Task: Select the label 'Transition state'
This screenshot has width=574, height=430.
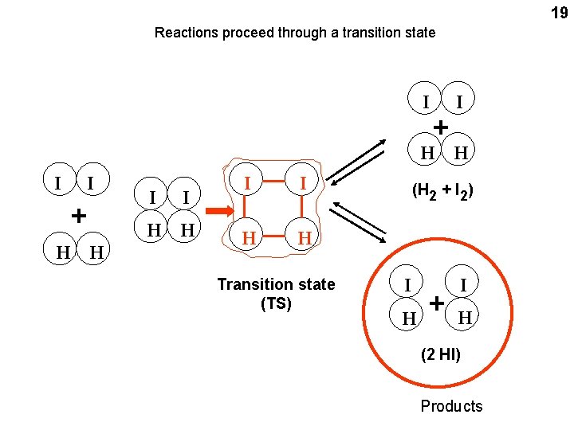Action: pos(276,284)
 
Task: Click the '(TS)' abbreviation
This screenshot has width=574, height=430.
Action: pos(276,303)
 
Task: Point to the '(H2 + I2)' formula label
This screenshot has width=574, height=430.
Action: pos(445,191)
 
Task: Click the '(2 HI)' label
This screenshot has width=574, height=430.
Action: pos(441,353)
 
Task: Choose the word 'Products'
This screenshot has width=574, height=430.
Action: pos(451,406)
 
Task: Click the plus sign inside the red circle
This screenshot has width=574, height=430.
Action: pos(436,303)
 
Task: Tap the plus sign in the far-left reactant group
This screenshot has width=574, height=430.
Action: pos(78,215)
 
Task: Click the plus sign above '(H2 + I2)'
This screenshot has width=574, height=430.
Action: pos(440,127)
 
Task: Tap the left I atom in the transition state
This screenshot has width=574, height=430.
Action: pos(249,184)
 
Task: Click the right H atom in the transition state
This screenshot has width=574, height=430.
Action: pos(304,238)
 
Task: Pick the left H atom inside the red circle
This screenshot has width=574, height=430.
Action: pos(408,319)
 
